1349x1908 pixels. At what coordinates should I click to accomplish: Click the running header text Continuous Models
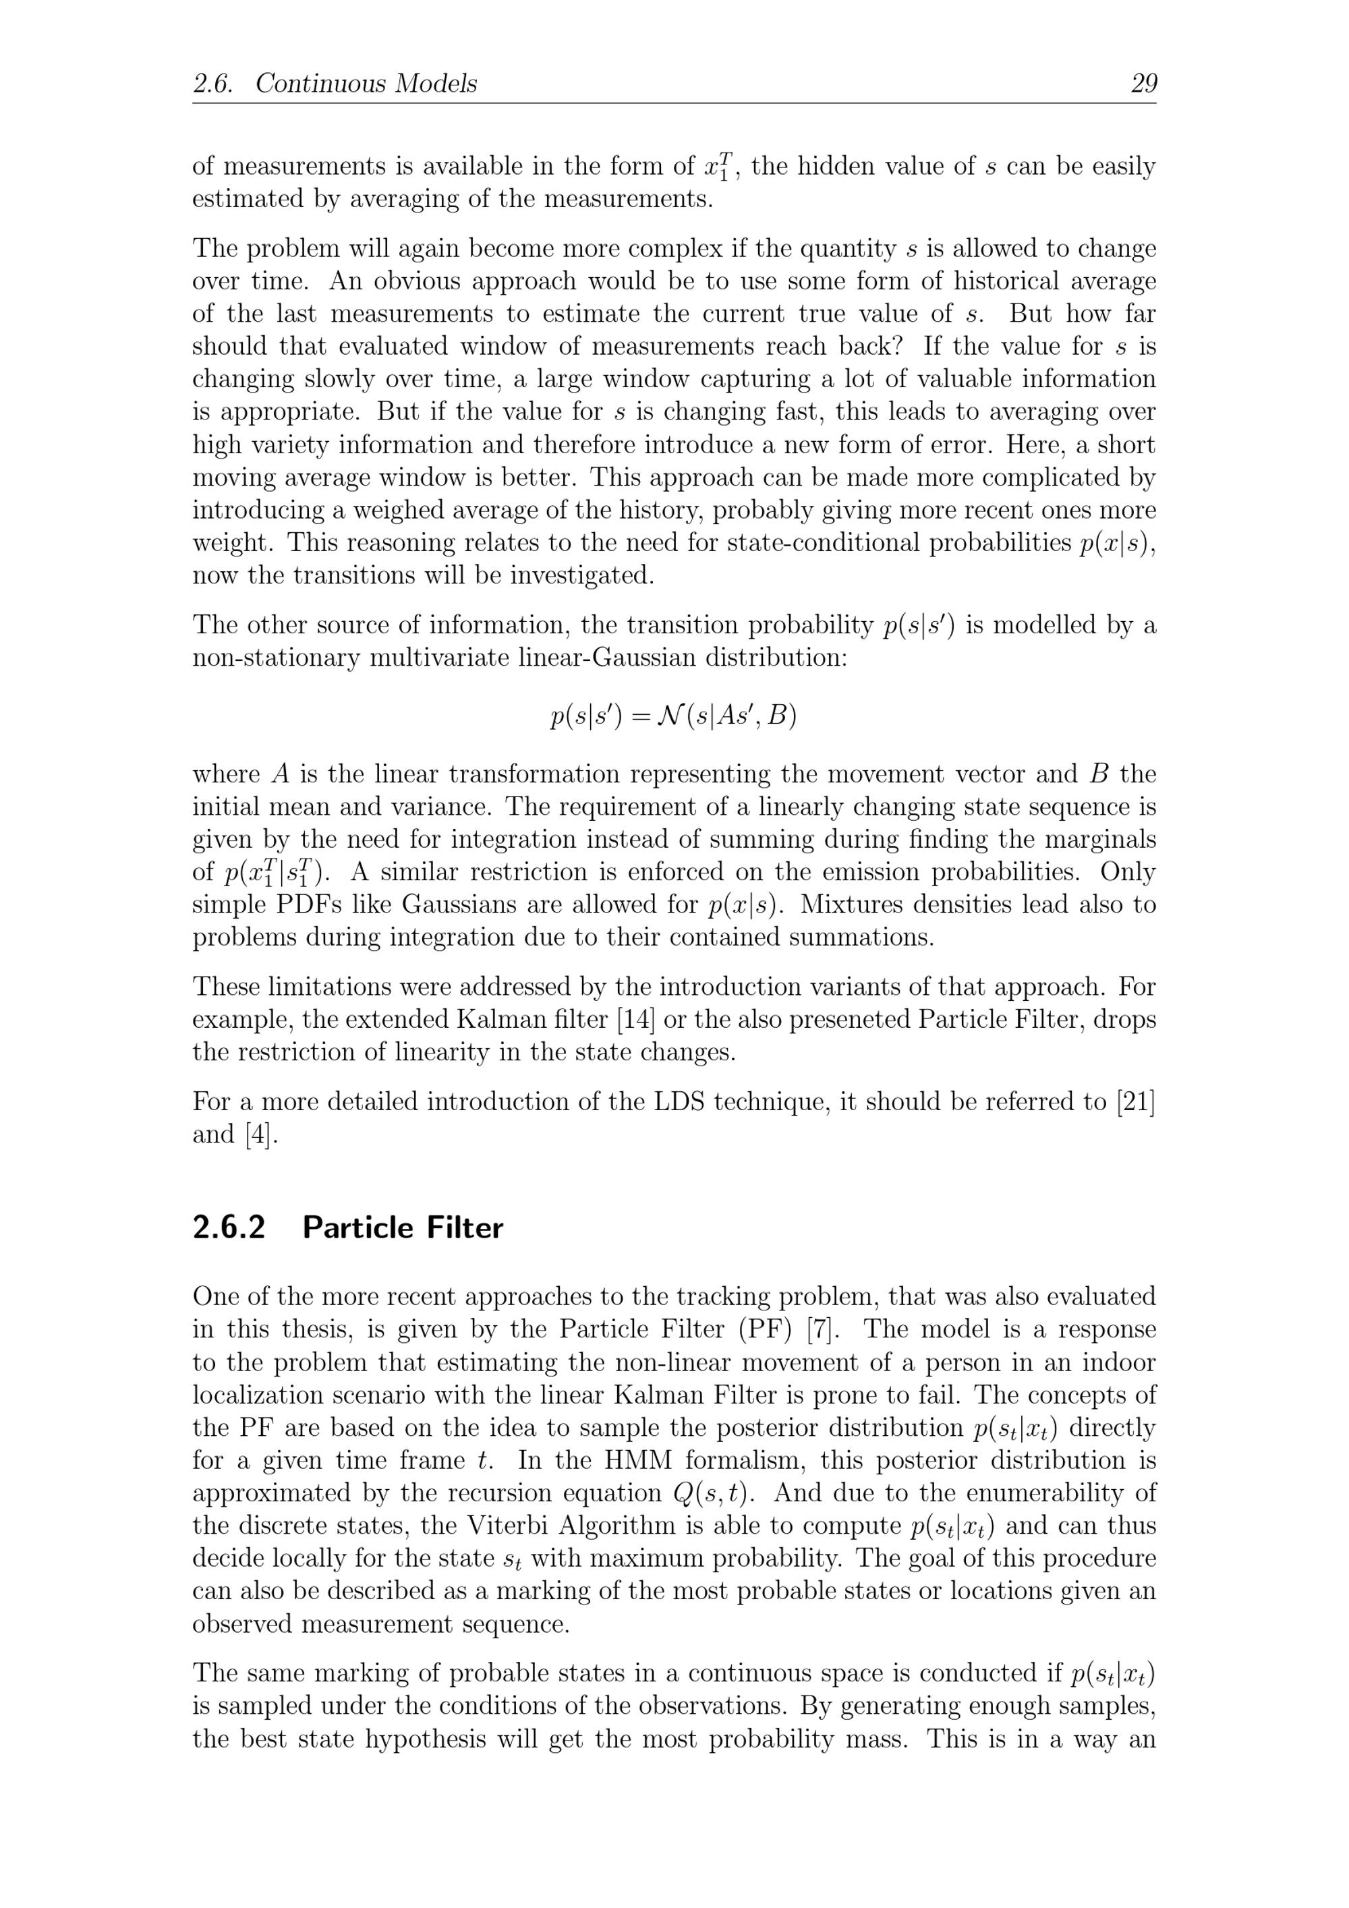coord(366,84)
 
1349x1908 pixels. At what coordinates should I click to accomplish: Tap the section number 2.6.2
coord(229,1227)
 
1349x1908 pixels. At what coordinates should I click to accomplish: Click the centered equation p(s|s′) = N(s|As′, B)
coord(673,716)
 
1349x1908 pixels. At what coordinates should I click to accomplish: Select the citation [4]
coord(261,1134)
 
